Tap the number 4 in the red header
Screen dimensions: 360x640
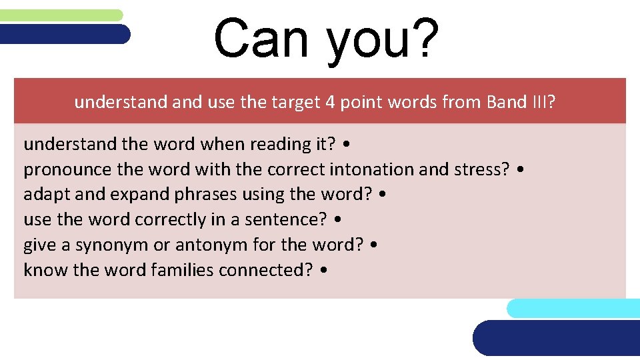tap(329, 102)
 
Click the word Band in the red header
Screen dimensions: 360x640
tap(507, 102)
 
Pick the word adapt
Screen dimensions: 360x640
tap(45, 195)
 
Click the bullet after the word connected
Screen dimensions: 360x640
tap(323, 271)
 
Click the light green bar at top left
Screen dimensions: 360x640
tap(61, 15)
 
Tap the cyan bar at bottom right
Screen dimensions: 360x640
tap(573, 308)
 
